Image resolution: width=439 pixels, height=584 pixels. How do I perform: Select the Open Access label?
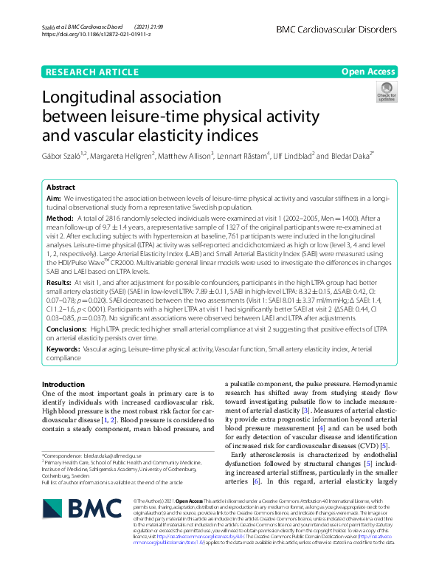(x=368, y=72)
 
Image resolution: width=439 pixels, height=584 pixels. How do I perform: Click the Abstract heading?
(x=61, y=188)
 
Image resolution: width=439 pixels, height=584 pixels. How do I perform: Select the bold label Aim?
(x=54, y=199)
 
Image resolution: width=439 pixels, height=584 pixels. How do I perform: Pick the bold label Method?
(x=61, y=220)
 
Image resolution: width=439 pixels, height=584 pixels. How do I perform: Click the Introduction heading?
(x=63, y=385)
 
